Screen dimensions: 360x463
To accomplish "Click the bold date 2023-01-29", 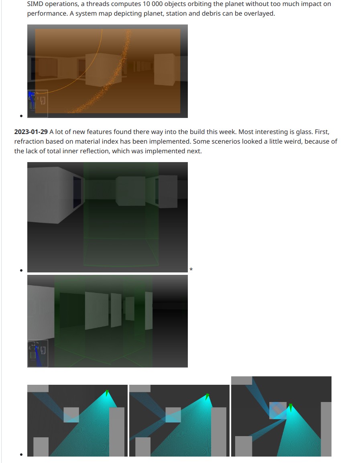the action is pos(31,132).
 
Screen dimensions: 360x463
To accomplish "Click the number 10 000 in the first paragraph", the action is pos(153,4).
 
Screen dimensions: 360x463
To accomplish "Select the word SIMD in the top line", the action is pos(35,4).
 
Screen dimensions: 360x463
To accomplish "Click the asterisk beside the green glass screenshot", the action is pos(191,269).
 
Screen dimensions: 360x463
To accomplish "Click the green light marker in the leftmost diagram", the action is pos(107,393).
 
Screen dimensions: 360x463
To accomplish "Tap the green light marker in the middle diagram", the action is pos(207,396).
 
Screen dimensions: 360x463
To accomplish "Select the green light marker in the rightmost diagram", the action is pos(291,408).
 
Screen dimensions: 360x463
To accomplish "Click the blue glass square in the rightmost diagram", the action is pos(278,410).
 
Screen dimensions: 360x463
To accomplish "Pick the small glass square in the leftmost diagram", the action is pos(71,415).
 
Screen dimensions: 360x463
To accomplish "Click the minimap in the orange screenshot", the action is pos(37,104).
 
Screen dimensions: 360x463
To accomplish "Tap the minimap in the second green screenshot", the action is pos(38,354).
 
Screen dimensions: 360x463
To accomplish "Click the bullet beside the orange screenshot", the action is pos(21,116).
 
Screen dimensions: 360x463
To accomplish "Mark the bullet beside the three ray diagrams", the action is pos(21,455).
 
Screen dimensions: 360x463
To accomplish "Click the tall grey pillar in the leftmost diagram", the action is pos(117,432).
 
